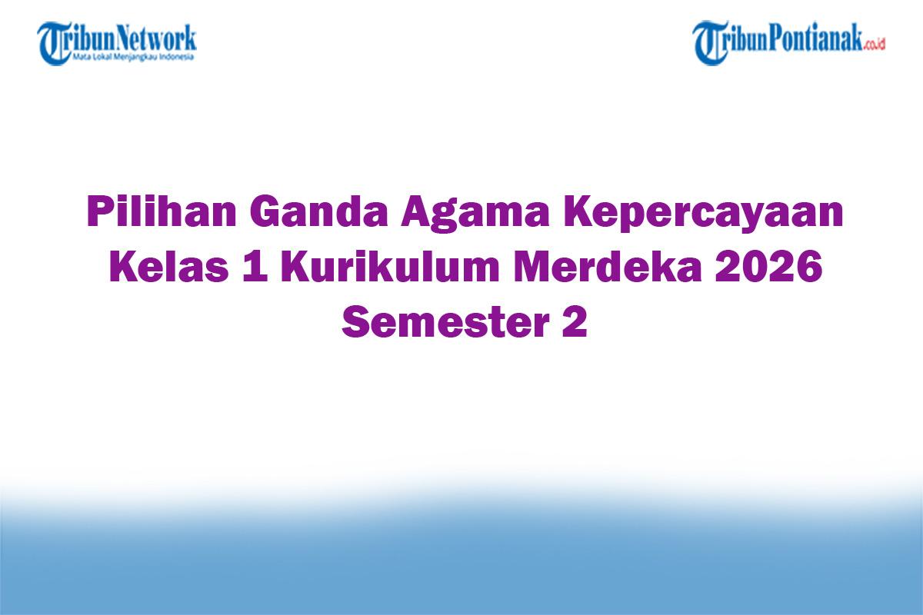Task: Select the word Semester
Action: pos(438,323)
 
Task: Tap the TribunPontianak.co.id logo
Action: pos(788,42)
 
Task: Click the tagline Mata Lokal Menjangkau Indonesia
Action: pos(132,57)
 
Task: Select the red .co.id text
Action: pos(875,45)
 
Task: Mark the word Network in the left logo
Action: pos(157,38)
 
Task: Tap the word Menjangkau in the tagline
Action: pos(135,57)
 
